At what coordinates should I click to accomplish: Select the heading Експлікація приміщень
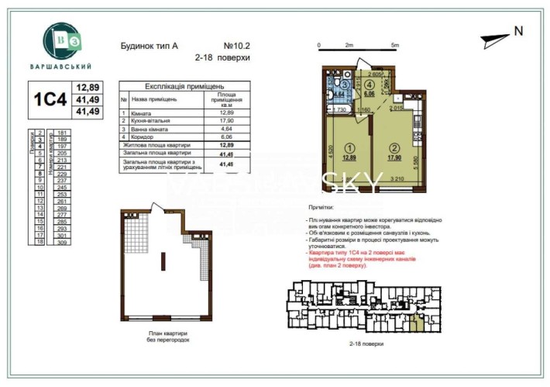(x=174, y=87)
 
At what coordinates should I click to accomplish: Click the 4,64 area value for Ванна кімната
(x=226, y=129)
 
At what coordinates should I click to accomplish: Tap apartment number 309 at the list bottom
(x=63, y=243)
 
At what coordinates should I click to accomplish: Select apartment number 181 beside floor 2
(x=63, y=133)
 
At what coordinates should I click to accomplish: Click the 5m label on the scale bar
(x=394, y=45)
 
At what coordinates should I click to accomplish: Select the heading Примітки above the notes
(x=321, y=208)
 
